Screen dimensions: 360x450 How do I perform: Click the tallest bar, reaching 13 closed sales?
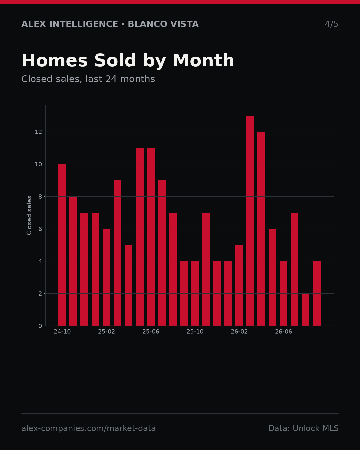[250, 221]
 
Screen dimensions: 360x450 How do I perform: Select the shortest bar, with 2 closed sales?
[305, 310]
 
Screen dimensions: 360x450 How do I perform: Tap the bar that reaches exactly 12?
[261, 229]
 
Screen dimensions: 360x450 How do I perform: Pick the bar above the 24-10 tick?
[62, 245]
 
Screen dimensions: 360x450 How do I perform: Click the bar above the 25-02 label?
[106, 277]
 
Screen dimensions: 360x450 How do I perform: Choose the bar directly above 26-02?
[239, 285]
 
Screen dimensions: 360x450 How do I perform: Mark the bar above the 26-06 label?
[283, 293]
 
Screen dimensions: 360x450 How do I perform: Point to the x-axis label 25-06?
[151, 332]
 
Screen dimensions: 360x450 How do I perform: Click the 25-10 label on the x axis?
[195, 332]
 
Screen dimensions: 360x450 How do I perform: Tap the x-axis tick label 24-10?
[62, 332]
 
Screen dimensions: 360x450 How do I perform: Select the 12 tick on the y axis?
[38, 132]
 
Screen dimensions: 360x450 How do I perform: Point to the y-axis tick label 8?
[40, 197]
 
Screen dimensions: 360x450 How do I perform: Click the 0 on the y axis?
[40, 326]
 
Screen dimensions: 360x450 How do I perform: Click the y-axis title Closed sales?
[29, 215]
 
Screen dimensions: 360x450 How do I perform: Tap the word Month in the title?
[203, 60]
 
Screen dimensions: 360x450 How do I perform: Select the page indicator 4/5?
[331, 24]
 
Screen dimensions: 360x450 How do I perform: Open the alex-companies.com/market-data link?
[88, 428]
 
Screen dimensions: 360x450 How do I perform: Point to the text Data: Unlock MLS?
[304, 428]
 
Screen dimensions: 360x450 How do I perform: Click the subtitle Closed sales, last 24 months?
[88, 79]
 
